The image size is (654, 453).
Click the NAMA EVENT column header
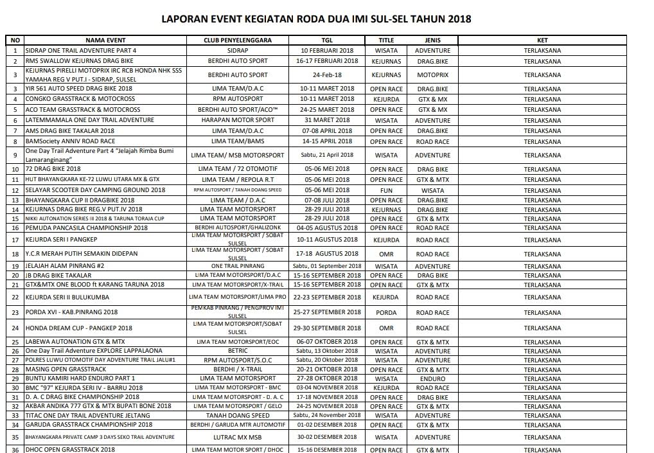pos(105,40)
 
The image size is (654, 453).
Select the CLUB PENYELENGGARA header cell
pos(237,40)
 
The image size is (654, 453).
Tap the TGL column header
pos(327,40)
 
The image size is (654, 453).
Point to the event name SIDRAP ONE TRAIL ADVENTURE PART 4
pos(81,50)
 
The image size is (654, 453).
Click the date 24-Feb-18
pos(327,75)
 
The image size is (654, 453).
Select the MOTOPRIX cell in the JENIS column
pos(432,75)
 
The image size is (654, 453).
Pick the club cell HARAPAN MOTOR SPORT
pos(237,120)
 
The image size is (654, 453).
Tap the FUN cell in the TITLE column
pos(386,190)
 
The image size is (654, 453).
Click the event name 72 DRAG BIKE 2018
pos(48,170)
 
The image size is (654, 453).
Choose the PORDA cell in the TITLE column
pos(386,312)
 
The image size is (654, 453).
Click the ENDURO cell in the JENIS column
pos(432,378)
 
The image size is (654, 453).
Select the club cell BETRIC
pos(237,351)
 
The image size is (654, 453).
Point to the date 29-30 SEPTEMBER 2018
pos(327,328)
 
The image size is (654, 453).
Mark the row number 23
pos(15,312)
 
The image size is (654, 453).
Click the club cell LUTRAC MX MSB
pos(237,437)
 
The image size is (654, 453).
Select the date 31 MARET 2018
pos(327,120)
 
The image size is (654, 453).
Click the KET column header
pos(542,40)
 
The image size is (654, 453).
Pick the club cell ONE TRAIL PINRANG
pos(237,266)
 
